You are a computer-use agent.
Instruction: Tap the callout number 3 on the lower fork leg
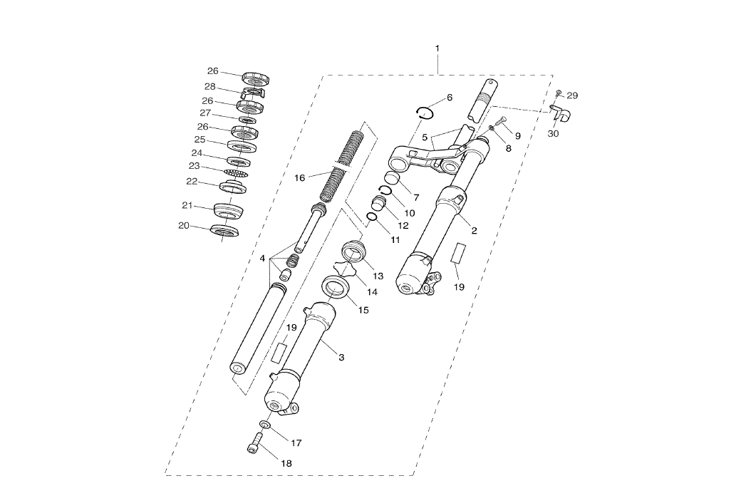pyautogui.click(x=341, y=357)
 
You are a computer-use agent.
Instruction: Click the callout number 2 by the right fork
pyautogui.click(x=474, y=230)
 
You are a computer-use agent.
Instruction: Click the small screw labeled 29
pyautogui.click(x=559, y=93)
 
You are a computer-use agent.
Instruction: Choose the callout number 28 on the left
pyautogui.click(x=210, y=86)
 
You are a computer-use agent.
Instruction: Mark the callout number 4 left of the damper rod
pyautogui.click(x=263, y=258)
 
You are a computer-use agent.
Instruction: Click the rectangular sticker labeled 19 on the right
pyautogui.click(x=460, y=254)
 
